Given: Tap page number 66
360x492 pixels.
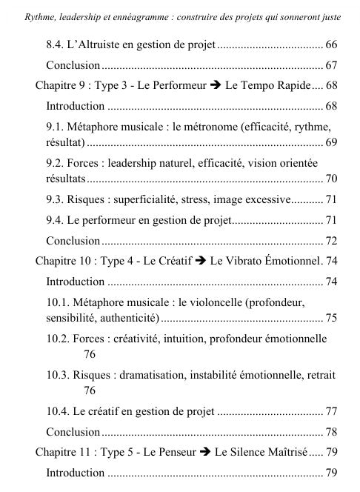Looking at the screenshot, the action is (x=331, y=45).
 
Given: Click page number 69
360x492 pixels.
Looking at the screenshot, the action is (x=331, y=141).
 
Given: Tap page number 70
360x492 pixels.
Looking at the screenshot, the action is (x=331, y=179).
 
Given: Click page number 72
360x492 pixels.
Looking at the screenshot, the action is (x=331, y=240).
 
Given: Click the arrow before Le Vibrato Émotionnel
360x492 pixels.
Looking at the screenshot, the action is (x=200, y=261).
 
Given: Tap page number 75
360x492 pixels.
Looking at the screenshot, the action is (x=331, y=318).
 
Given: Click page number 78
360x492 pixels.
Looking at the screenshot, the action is (x=331, y=431).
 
